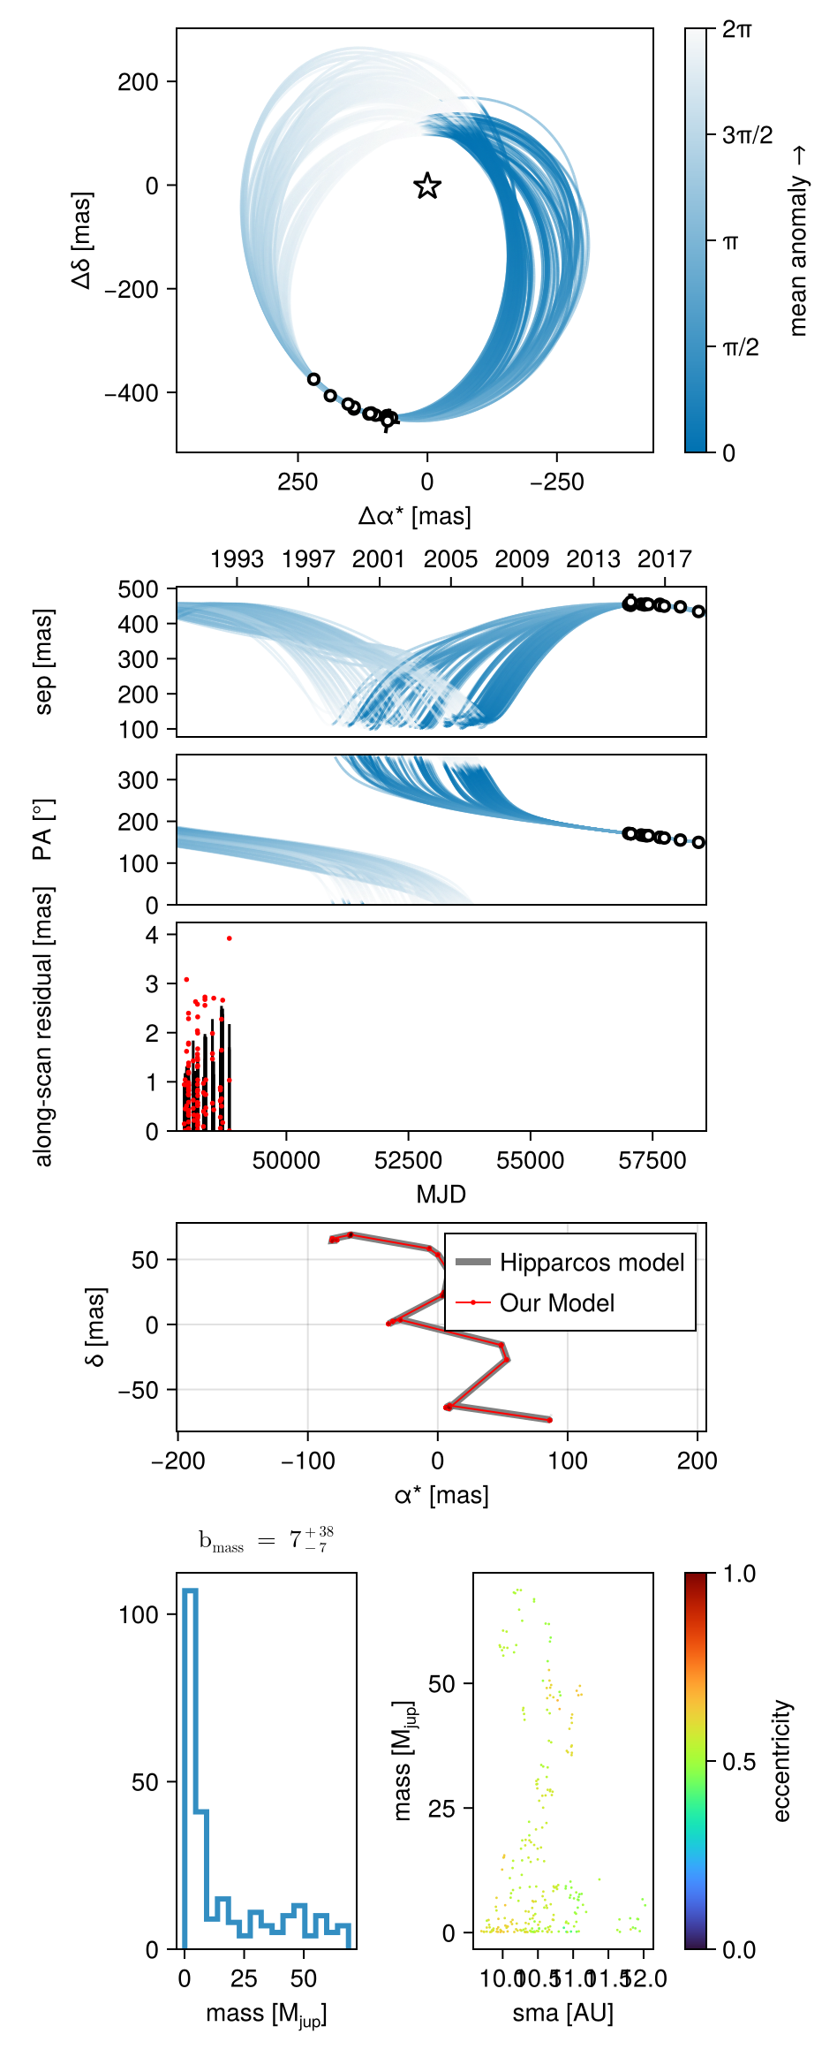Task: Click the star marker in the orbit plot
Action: [427, 186]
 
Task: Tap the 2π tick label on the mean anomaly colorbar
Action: [737, 29]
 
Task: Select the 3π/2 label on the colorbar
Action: [747, 135]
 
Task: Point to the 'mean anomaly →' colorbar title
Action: [798, 240]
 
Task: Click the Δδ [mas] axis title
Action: [82, 239]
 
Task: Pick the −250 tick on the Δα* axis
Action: [557, 482]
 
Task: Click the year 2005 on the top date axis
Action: [450, 559]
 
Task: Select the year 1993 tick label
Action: [237, 559]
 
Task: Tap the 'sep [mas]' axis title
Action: [43, 661]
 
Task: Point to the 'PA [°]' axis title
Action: [41, 830]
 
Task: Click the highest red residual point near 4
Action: [230, 938]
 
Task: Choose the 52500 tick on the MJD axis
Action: [408, 1161]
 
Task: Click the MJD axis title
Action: [441, 1195]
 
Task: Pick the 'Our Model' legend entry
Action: [556, 1303]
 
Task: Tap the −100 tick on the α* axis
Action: [307, 1461]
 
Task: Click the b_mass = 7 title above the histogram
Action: [266, 1540]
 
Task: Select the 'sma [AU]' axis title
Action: [562, 2013]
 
